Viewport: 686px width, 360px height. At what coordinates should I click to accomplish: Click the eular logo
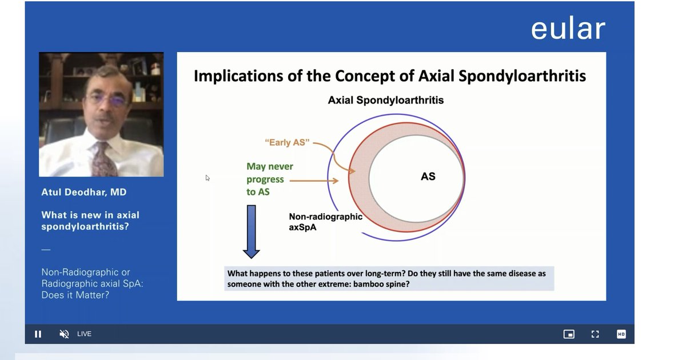[x=568, y=29]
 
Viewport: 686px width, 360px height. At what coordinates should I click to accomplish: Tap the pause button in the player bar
[x=38, y=334]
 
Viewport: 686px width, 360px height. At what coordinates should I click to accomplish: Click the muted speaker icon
[x=64, y=334]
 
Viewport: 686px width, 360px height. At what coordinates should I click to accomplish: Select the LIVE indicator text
[x=84, y=334]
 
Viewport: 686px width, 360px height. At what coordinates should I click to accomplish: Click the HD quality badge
[x=621, y=334]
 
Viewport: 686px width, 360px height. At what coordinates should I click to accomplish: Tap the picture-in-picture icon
[x=569, y=334]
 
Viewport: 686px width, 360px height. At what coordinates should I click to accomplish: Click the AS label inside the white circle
[x=428, y=177]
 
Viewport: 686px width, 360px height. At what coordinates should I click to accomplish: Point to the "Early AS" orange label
[x=287, y=142]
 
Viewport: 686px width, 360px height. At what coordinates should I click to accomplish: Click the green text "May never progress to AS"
[x=269, y=179]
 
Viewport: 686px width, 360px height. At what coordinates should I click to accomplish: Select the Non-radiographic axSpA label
[x=325, y=222]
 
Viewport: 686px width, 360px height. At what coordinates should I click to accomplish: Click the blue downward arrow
[x=251, y=232]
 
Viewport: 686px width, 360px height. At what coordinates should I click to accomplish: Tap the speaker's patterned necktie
[x=104, y=160]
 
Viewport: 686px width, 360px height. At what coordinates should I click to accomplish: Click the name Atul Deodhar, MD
[x=84, y=192]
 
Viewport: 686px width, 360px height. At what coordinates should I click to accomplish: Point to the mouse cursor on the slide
[x=208, y=178]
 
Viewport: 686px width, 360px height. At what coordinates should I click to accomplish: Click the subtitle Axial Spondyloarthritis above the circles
[x=385, y=100]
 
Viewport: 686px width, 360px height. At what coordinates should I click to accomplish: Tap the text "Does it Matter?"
[x=75, y=295]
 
